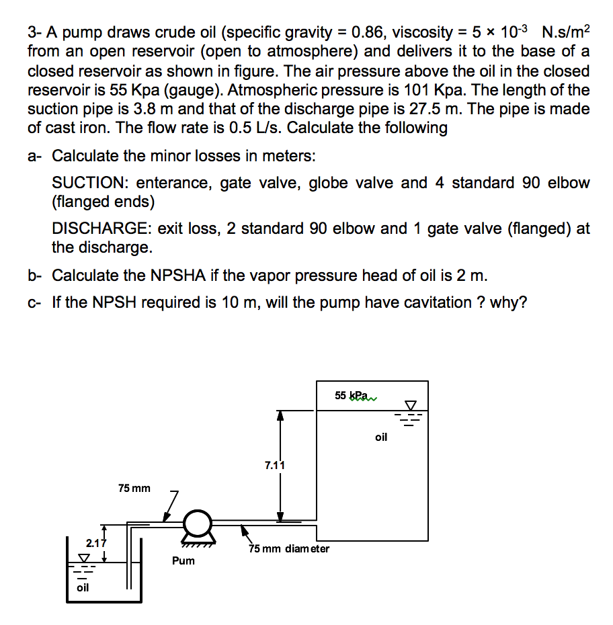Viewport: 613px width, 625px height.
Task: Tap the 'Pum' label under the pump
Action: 183,560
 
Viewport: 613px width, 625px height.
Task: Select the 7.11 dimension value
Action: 275,464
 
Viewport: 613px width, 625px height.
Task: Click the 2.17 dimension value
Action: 96,542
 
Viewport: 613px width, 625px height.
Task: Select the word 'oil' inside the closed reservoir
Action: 381,437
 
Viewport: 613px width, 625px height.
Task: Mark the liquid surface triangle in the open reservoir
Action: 84,558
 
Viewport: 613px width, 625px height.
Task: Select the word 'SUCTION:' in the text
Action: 87,183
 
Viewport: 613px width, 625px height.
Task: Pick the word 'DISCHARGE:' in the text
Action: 100,228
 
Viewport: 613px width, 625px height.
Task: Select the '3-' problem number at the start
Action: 35,32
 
